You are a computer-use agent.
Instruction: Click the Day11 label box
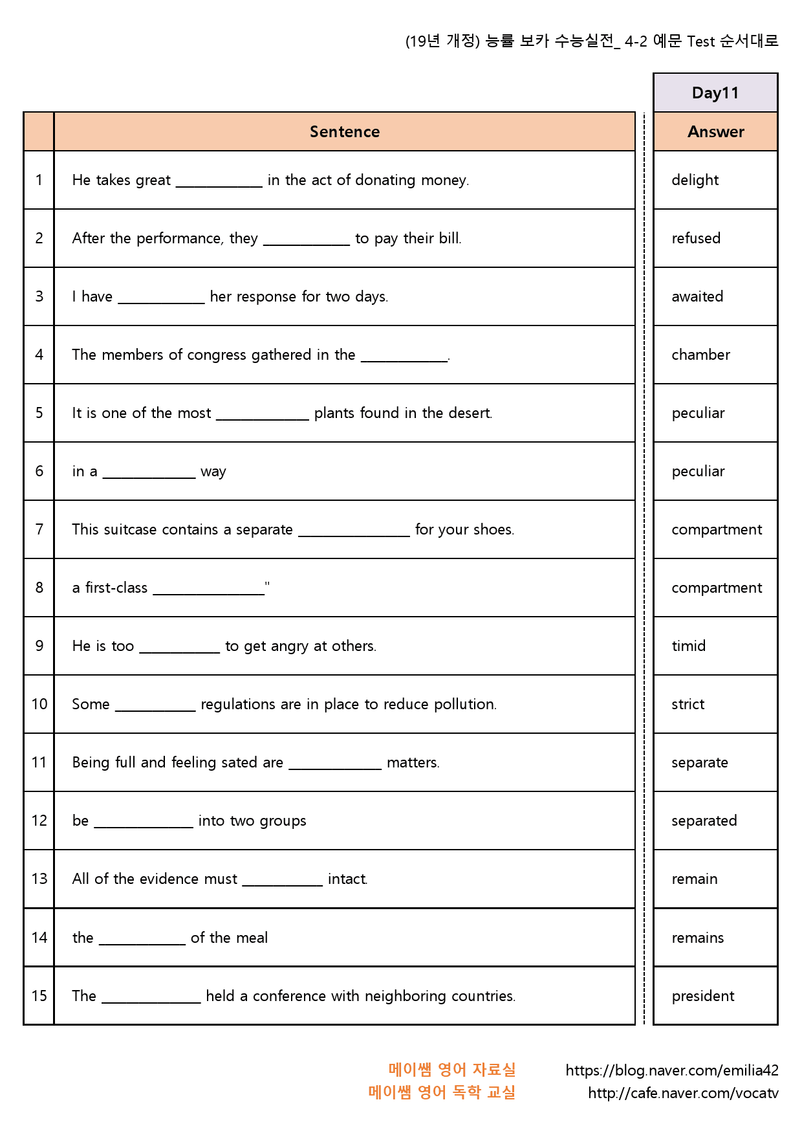click(715, 93)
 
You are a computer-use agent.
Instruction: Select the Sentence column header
click(344, 131)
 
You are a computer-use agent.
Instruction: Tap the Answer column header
click(715, 131)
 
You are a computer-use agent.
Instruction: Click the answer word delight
click(695, 180)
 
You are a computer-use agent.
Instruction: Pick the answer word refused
click(695, 238)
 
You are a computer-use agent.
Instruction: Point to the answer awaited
click(697, 296)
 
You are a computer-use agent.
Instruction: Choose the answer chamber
click(700, 355)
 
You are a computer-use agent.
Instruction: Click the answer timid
click(688, 646)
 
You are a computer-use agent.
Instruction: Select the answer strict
click(688, 704)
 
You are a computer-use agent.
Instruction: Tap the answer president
click(702, 996)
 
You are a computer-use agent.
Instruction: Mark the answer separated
click(704, 821)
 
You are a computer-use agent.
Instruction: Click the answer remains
click(697, 938)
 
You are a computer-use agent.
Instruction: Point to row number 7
click(39, 529)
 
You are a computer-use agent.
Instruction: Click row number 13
click(39, 879)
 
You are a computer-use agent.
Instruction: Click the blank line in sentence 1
click(219, 183)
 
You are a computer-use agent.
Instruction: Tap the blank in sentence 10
click(155, 707)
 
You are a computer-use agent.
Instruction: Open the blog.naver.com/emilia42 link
click(671, 1070)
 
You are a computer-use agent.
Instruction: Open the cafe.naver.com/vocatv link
click(682, 1093)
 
